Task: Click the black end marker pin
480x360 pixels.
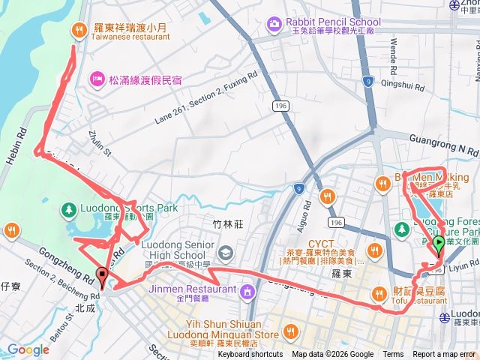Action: pos(102,277)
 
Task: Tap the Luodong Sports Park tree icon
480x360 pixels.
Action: pos(67,208)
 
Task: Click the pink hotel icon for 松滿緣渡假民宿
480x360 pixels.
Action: pos(95,77)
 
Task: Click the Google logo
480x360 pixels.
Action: pos(28,349)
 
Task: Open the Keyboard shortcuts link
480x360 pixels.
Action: pos(250,355)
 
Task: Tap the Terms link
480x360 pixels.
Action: pos(393,355)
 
